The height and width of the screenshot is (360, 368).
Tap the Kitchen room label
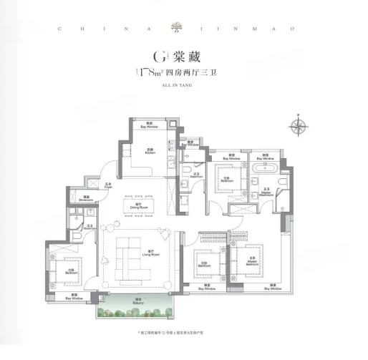(x=150, y=151)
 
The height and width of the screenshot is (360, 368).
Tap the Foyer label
(x=109, y=188)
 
